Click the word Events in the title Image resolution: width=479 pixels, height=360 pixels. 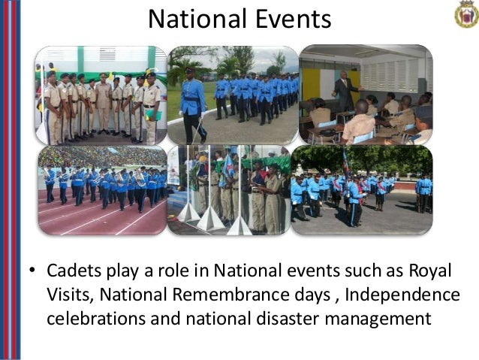291,19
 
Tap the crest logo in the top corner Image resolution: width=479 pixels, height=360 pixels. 465,14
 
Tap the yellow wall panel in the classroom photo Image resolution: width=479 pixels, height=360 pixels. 312,83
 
